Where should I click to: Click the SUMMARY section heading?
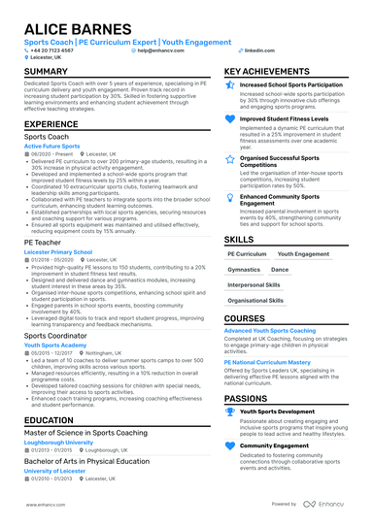click(x=46, y=73)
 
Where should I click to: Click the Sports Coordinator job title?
click(x=57, y=336)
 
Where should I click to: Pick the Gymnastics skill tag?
click(x=244, y=269)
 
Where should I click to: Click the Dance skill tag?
click(x=280, y=269)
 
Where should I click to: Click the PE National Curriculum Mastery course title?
click(x=269, y=361)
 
